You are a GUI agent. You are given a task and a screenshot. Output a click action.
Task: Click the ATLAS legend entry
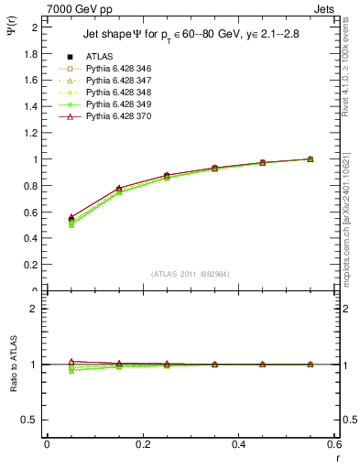pos(99,57)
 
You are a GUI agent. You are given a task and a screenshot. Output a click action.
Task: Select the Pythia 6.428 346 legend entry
pos(114,69)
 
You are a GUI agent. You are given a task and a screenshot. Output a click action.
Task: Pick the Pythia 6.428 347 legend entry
pos(114,81)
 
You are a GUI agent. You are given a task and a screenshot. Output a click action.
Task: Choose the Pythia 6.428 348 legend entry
pos(114,93)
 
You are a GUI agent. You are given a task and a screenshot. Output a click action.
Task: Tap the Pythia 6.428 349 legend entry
pos(114,104)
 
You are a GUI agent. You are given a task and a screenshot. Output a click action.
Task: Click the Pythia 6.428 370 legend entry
pos(114,116)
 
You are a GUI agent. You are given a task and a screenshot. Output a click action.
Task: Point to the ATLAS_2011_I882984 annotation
pos(191,274)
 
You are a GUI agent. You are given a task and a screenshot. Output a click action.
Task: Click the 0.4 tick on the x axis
pos(238,444)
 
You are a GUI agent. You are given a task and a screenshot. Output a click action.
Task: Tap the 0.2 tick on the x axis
pos(142,444)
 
